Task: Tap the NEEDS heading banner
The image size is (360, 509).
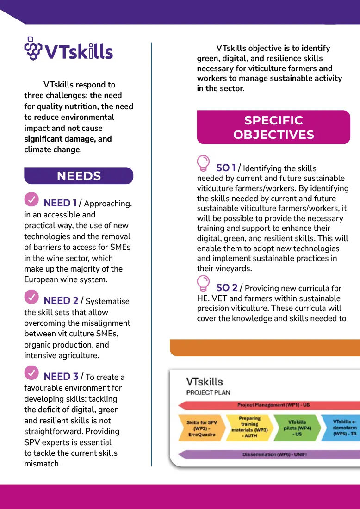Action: tap(79, 176)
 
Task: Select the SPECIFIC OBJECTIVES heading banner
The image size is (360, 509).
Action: tap(273, 127)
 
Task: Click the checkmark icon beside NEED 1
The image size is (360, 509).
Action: tap(31, 199)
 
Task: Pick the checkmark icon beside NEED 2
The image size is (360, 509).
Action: tap(31, 297)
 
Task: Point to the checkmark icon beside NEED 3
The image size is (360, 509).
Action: tap(31, 372)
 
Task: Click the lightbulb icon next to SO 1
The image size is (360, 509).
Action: tap(204, 163)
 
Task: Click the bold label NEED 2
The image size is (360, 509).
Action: tap(61, 301)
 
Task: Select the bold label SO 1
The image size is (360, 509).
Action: tap(226, 168)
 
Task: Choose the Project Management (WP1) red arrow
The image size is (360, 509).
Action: tap(273, 405)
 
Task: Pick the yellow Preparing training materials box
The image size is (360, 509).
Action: tap(250, 427)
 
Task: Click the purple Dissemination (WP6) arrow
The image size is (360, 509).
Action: tap(273, 454)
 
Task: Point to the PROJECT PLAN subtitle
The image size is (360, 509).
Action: tap(208, 392)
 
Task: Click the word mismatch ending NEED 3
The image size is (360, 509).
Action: tap(42, 464)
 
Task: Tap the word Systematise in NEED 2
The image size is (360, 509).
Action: tap(107, 302)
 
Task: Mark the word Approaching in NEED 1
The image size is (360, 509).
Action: tap(108, 204)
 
